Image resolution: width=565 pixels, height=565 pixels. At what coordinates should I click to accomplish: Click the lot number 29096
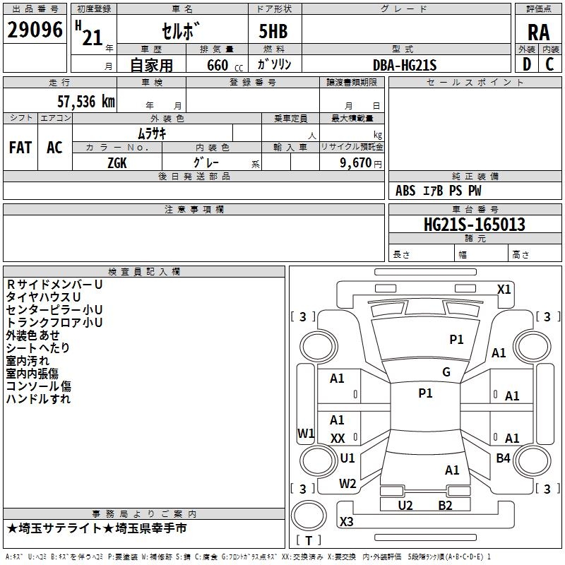click(35, 30)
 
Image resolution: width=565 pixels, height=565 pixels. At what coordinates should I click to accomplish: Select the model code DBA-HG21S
click(405, 65)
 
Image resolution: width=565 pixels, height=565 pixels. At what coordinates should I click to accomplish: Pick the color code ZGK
click(117, 162)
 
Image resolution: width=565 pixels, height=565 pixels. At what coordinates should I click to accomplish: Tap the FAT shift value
click(20, 148)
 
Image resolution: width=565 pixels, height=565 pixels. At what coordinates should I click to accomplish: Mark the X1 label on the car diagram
click(504, 289)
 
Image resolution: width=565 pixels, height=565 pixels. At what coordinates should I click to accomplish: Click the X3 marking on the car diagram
click(347, 522)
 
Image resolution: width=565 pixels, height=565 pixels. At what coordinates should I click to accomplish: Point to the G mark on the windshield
click(446, 372)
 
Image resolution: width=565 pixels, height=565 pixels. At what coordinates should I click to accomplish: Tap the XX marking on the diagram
click(338, 439)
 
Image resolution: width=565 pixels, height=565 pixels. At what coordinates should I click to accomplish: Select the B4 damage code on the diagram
click(503, 458)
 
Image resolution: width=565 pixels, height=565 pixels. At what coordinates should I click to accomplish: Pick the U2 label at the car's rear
click(405, 505)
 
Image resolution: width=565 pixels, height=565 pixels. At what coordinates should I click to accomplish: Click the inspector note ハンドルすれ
click(38, 399)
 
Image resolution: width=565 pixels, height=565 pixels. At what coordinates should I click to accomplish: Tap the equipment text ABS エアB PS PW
click(439, 191)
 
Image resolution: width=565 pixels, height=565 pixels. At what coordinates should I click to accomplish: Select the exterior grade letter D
click(526, 65)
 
